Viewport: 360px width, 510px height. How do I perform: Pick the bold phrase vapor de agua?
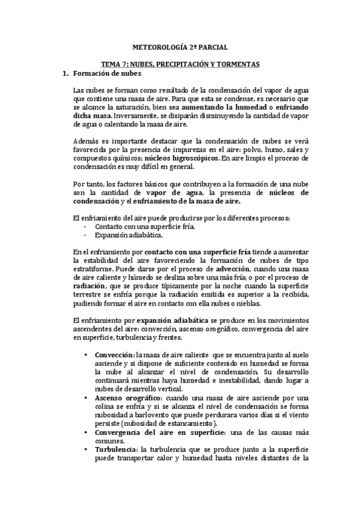click(173, 192)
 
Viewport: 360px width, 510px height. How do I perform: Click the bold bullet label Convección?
click(115, 355)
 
